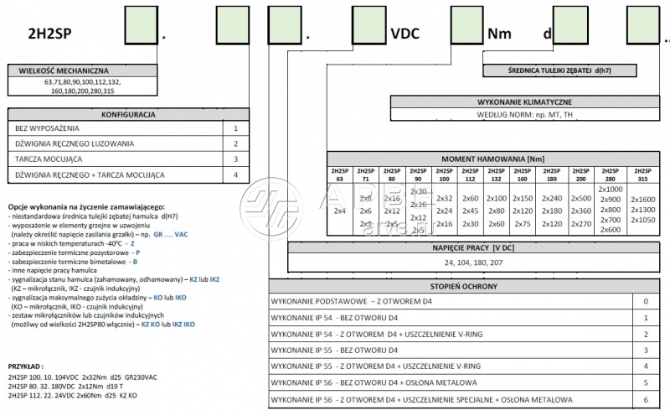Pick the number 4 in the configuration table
pos(235,174)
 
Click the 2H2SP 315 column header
pos(642,174)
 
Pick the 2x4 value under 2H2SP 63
pos(339,211)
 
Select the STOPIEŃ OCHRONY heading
pos(468,285)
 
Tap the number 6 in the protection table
pos(645,399)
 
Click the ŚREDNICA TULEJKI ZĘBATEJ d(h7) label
pos(576,72)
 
